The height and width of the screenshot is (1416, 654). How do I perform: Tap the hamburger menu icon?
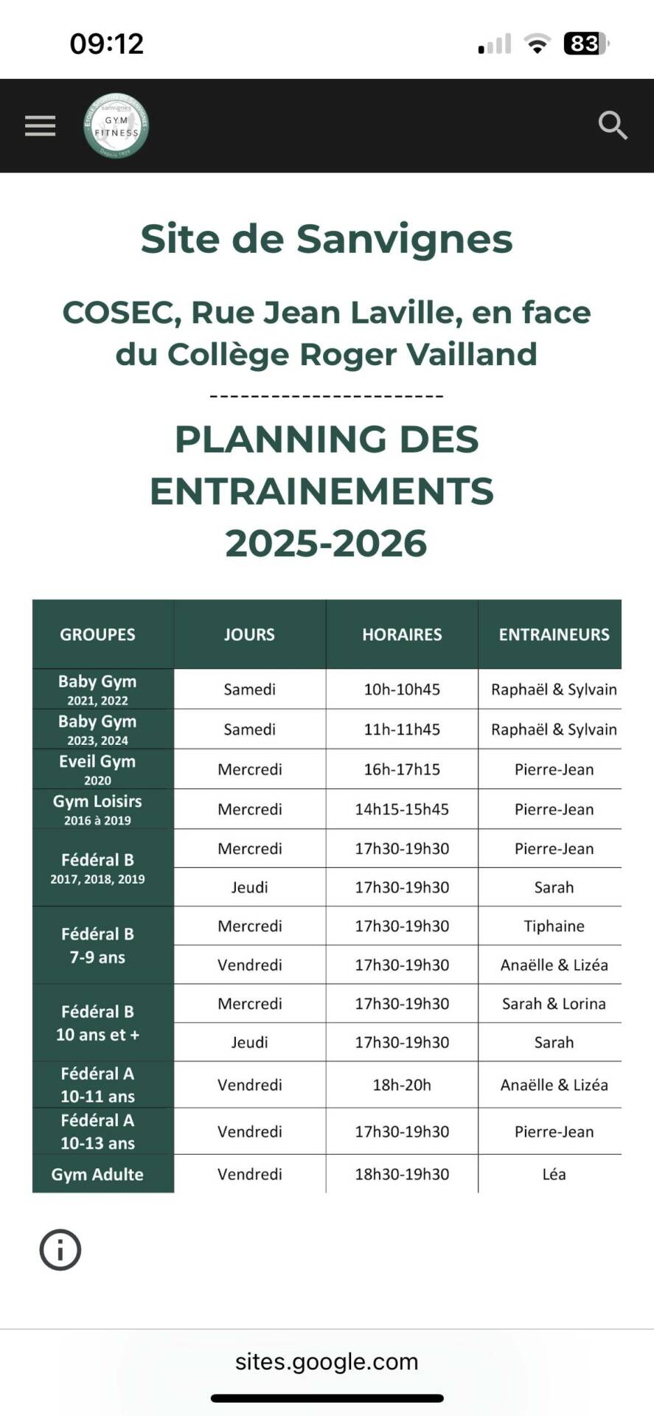coord(40,126)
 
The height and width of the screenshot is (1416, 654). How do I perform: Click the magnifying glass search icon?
coord(612,126)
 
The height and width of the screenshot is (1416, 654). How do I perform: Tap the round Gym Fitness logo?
coord(116,126)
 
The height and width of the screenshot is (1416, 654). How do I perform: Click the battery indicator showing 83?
coord(585,44)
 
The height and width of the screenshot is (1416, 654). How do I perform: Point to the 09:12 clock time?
coord(107,44)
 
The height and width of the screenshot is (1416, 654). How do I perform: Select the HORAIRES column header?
coord(402,634)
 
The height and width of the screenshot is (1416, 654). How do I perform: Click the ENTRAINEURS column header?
coord(554,634)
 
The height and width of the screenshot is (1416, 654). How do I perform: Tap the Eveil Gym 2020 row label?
coord(97,769)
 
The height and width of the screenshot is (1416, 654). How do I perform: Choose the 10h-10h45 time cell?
coord(402,690)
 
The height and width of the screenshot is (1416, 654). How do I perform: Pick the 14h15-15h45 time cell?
coord(402,809)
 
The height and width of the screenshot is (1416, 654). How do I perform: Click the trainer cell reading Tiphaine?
coord(554,926)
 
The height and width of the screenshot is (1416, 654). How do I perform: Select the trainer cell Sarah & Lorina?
coord(554,1004)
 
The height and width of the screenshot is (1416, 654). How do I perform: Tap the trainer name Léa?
coord(554,1174)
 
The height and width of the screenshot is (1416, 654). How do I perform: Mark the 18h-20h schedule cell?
coord(402,1085)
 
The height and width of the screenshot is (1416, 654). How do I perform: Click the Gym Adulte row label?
coord(97,1174)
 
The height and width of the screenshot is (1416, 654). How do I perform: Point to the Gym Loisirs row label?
coord(97,809)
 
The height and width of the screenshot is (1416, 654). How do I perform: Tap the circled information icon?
coord(60,1250)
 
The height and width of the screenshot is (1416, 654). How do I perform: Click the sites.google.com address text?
coord(327,1361)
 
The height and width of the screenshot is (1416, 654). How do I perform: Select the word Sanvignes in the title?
coord(404,239)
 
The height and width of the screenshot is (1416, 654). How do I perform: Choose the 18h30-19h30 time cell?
coord(402,1174)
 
